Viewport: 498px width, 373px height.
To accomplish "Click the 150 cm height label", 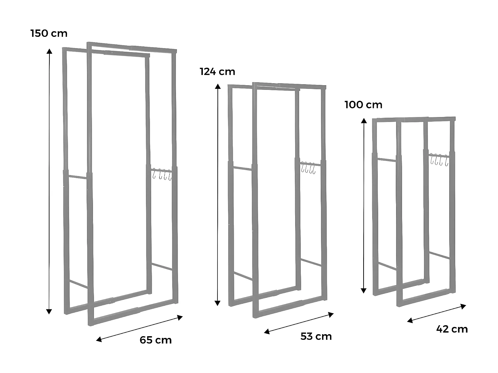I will (x=49, y=33).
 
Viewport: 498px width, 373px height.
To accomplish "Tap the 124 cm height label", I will (x=217, y=72).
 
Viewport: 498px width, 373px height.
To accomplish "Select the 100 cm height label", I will (x=363, y=105).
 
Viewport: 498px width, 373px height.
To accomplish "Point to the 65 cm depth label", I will (x=155, y=340).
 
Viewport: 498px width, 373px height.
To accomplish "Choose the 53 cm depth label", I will (x=316, y=337).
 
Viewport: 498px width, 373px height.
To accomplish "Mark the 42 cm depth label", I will (x=452, y=329).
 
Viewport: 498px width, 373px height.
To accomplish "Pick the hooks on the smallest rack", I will (x=439, y=159).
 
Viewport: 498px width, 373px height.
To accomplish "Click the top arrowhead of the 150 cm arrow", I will (x=49, y=51).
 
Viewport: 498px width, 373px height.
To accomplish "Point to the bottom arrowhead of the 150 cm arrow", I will (x=49, y=311).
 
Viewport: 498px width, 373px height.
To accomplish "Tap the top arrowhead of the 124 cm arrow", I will (x=218, y=87).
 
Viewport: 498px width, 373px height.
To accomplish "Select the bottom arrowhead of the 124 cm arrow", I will (x=218, y=303).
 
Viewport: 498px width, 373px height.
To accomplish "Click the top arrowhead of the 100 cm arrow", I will (x=364, y=121).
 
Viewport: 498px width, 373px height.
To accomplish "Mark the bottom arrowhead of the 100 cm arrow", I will (x=364, y=291).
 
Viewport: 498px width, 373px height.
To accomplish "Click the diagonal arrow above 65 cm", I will (x=139, y=328).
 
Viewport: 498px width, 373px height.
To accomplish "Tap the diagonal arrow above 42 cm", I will (x=437, y=313).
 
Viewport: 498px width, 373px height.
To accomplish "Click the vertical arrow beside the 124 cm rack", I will (x=218, y=195).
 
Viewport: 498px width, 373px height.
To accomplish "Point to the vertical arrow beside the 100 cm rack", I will (x=364, y=206).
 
